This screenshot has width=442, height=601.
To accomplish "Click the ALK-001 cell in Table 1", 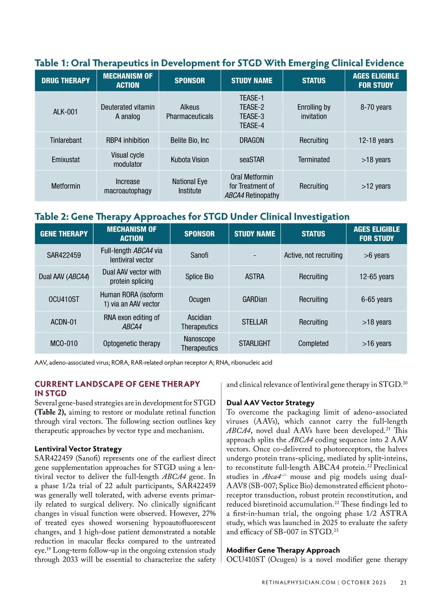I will [x=66, y=112].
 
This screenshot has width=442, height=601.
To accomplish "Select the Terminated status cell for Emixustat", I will [x=314, y=160].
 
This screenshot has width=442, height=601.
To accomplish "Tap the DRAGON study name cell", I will [x=252, y=140].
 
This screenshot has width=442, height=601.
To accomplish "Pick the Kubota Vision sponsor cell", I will [x=190, y=160].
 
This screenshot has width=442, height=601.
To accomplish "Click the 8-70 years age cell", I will [x=376, y=107].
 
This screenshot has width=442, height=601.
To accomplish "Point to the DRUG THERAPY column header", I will [x=66, y=81].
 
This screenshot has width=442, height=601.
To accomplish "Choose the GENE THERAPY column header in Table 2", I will [x=64, y=234].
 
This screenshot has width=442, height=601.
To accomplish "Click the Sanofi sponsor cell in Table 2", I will [x=199, y=255].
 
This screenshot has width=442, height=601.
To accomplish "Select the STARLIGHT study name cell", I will [x=255, y=343].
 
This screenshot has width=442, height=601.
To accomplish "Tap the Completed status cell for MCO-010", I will [x=313, y=343].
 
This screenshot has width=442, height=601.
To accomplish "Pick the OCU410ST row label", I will [x=64, y=299].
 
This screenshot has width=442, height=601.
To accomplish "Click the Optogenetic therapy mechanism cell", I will [x=131, y=343].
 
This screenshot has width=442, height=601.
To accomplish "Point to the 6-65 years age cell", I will [x=376, y=299].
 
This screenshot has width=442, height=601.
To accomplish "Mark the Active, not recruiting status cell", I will [x=313, y=255].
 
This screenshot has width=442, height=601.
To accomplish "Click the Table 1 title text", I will [x=219, y=63].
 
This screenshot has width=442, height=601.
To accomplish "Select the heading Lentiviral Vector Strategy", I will [x=78, y=449].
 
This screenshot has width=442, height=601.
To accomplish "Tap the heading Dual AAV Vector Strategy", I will [x=270, y=403].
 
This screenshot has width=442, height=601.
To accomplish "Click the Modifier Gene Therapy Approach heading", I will [x=283, y=550].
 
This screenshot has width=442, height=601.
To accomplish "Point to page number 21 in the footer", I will [x=403, y=583].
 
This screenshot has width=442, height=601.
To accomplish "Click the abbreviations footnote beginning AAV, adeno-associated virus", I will [x=153, y=363].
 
